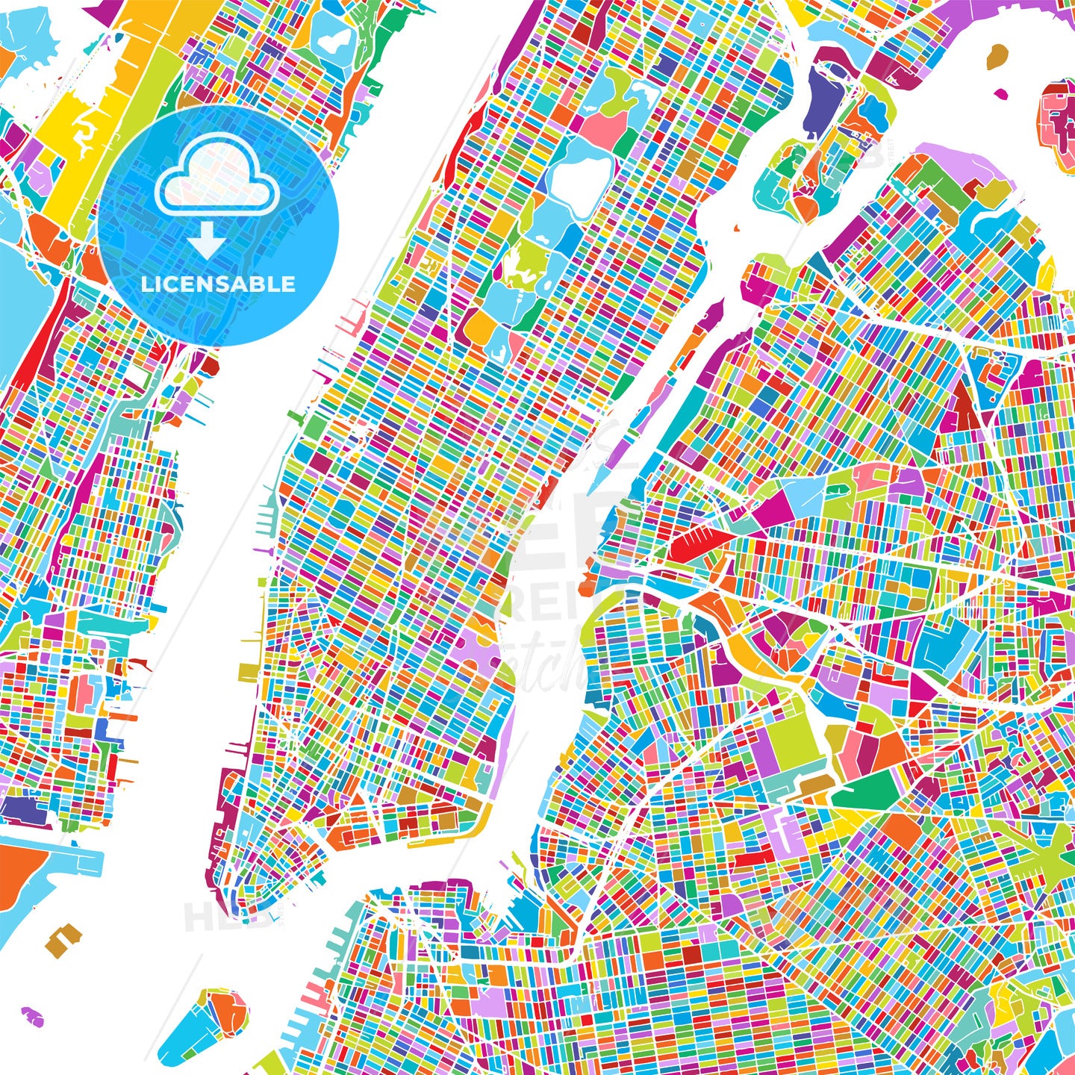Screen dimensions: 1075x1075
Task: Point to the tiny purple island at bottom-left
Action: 31,1015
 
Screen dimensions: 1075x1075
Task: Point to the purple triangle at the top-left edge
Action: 105,9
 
